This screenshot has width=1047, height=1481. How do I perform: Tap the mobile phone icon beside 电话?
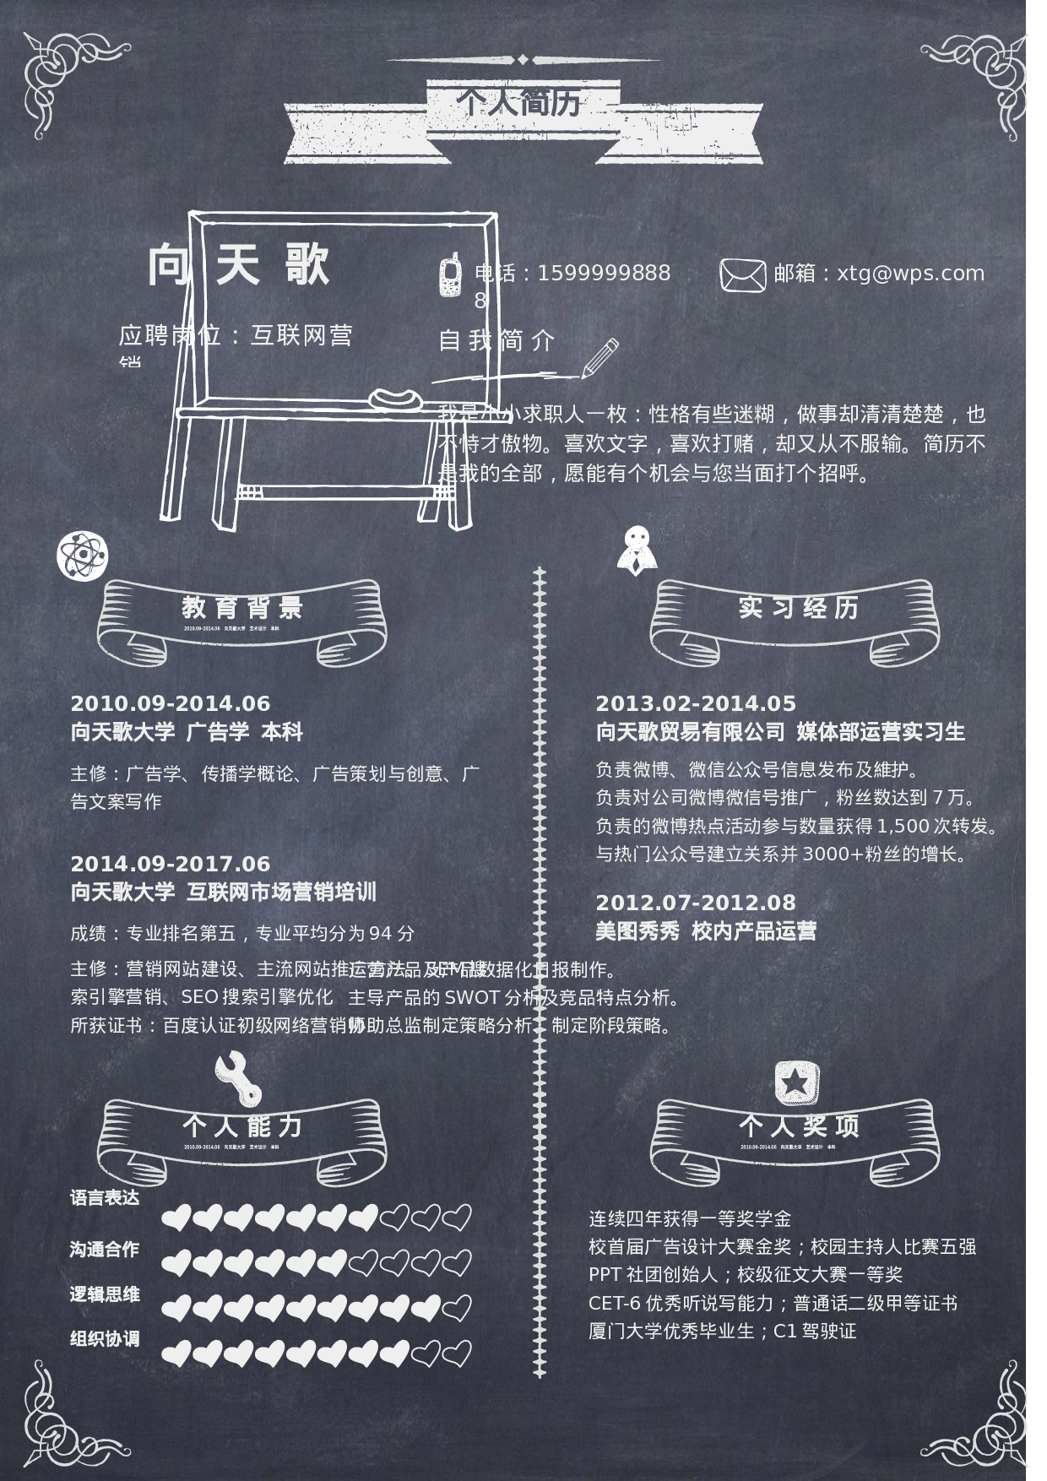coord(450,274)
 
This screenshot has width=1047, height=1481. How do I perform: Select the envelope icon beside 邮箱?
coord(742,274)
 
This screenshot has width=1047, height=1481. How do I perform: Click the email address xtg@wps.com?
coord(910,274)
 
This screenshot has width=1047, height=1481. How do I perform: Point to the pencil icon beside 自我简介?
coord(600,358)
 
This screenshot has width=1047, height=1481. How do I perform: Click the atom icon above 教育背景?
coord(82,556)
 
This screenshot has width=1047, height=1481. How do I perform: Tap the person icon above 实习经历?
coord(637,550)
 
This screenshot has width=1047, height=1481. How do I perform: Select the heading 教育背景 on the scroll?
coord(241,607)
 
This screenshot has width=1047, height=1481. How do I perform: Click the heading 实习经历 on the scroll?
coord(798,607)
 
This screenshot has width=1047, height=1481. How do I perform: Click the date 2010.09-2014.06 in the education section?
coord(171,703)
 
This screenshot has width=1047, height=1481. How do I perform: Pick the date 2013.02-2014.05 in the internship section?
coord(696,703)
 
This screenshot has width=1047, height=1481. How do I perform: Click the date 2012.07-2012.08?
coord(696,903)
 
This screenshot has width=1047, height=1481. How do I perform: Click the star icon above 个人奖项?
coord(797,1082)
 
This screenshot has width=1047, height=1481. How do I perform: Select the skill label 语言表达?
coord(105,1197)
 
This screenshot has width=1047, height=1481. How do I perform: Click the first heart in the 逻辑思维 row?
coord(176,1308)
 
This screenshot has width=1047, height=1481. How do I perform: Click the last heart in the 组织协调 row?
coord(457,1354)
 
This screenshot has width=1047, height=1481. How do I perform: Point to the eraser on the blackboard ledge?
coord(394,398)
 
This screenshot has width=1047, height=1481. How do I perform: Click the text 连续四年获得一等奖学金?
coord(690,1218)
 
